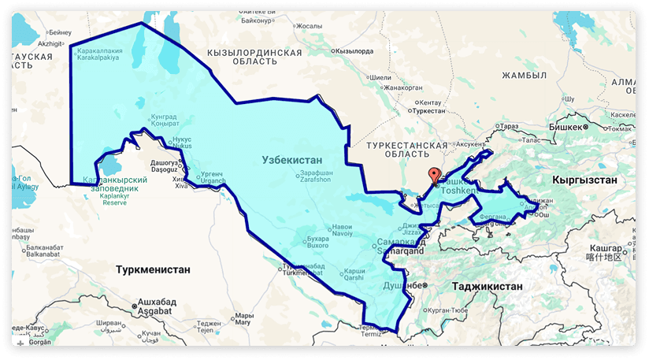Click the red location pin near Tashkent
click(x=432, y=176)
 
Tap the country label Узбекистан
click(x=294, y=159)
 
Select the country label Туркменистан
click(x=153, y=269)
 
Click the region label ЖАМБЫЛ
click(x=525, y=76)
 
